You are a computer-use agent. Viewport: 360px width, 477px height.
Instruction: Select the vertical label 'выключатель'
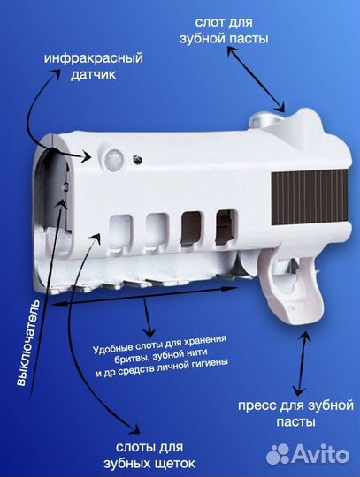tap(23, 344)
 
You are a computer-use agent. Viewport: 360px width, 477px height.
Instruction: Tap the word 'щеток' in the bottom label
tap(161, 464)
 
